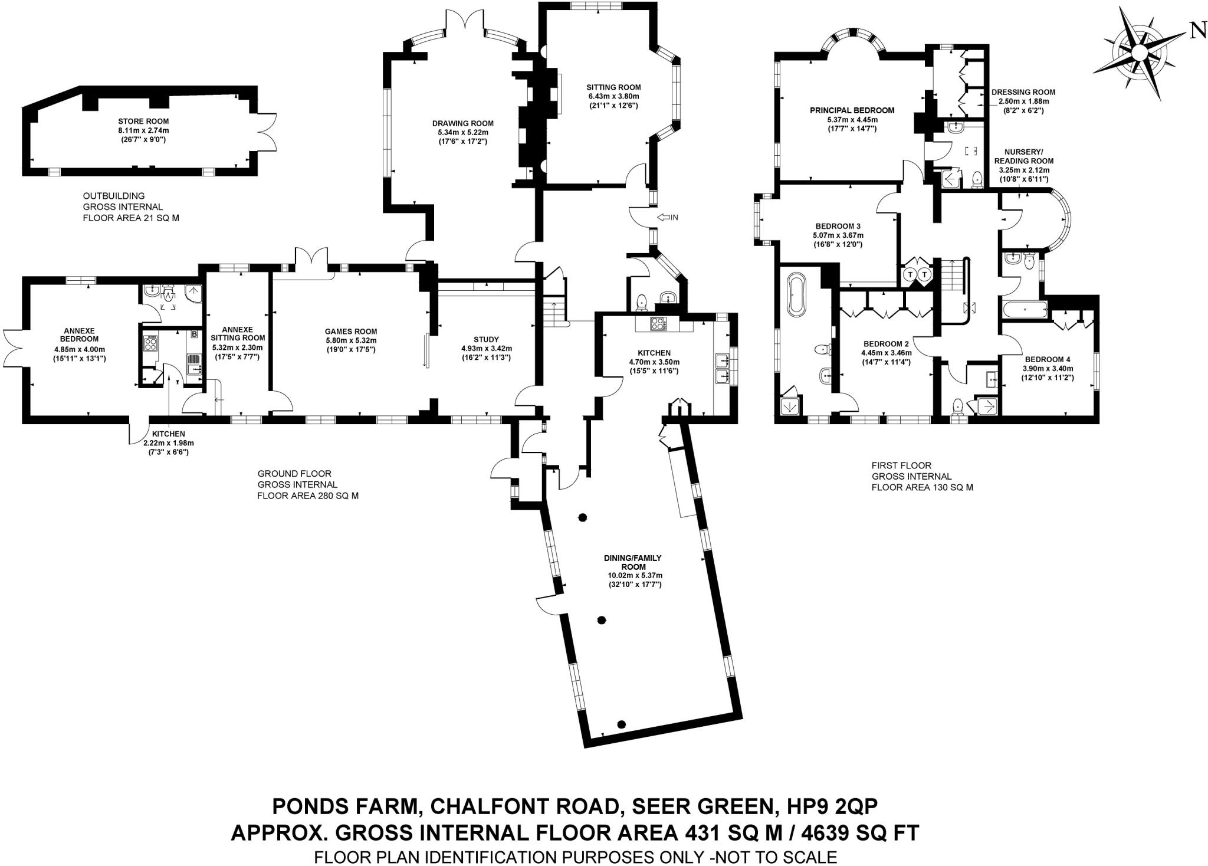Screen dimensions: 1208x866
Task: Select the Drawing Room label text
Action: [x=462, y=123]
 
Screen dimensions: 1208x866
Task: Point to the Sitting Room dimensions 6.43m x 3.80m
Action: [x=613, y=96]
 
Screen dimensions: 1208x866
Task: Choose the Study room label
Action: [x=486, y=339]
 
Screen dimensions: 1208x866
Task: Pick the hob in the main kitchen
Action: [x=657, y=323]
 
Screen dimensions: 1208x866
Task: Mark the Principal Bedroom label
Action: [x=852, y=110]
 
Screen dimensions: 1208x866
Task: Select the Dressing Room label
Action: [x=1023, y=92]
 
